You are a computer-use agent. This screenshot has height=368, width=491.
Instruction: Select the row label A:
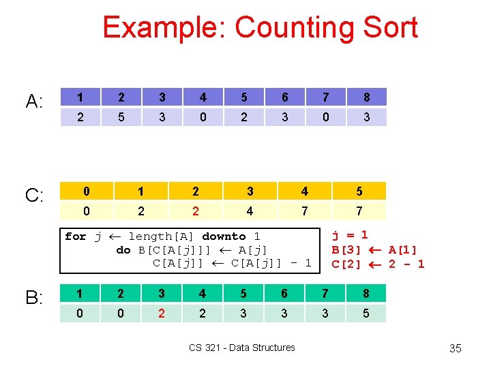click(35, 102)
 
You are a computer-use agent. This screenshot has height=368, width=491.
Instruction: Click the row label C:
click(35, 196)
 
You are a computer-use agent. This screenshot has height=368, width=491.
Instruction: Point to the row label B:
click(35, 298)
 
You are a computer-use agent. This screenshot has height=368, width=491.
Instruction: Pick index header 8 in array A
click(366, 97)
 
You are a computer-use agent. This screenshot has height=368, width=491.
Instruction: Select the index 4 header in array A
click(203, 97)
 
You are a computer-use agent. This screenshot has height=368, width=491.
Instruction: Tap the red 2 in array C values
click(196, 211)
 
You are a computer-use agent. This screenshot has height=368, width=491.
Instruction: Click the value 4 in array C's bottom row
click(250, 211)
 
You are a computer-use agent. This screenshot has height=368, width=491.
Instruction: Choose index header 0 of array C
click(87, 191)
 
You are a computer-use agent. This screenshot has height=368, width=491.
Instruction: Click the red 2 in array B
click(162, 313)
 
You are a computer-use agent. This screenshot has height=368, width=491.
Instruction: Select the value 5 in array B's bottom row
click(366, 313)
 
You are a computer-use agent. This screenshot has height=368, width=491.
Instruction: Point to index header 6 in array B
click(284, 294)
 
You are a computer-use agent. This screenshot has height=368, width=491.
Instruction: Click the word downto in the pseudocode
click(224, 236)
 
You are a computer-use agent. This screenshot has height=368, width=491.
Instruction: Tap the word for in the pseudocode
click(75, 236)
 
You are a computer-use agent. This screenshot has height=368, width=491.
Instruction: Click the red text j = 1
click(350, 236)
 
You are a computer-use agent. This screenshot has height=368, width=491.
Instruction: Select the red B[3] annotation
click(346, 250)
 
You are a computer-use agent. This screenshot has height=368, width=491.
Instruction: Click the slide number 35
click(456, 349)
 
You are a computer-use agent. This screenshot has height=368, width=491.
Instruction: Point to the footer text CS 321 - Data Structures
click(242, 348)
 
